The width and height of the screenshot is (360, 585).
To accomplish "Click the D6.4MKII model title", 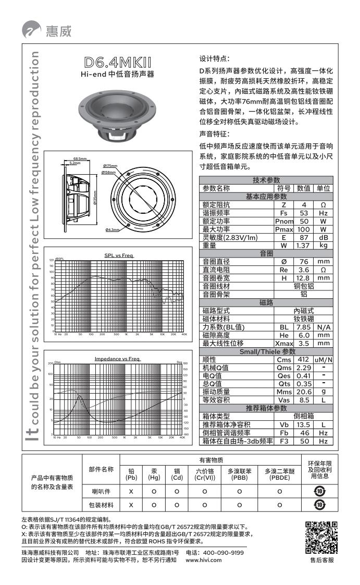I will pos(117,65).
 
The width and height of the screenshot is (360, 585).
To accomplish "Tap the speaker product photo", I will pos(117,116).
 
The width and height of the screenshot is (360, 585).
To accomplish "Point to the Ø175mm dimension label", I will pos(110,166).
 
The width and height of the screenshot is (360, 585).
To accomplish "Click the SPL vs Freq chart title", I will pos(119,255).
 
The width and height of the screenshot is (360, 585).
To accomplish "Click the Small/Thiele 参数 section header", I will pos(267,351).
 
